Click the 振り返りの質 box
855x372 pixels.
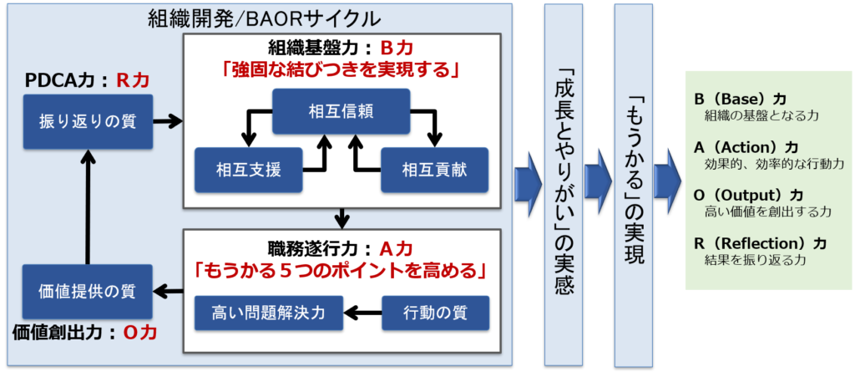click(88, 122)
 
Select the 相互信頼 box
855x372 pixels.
click(341, 111)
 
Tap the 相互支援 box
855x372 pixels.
click(248, 170)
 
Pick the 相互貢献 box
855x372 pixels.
click(434, 170)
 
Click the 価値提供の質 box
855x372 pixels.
click(87, 292)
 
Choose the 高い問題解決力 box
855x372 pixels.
click(269, 313)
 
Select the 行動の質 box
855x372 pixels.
click(435, 313)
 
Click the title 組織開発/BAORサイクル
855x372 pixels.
click(264, 18)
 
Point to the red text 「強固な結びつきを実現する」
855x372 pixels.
click(341, 71)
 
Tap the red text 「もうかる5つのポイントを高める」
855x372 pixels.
click(341, 270)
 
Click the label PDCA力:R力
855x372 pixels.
click(87, 81)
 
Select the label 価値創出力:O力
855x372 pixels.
click(84, 334)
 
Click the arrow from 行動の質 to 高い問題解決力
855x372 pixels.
click(362, 313)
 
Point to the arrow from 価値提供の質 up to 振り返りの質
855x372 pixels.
click(87, 206)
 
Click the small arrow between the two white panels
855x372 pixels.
click(341, 218)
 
